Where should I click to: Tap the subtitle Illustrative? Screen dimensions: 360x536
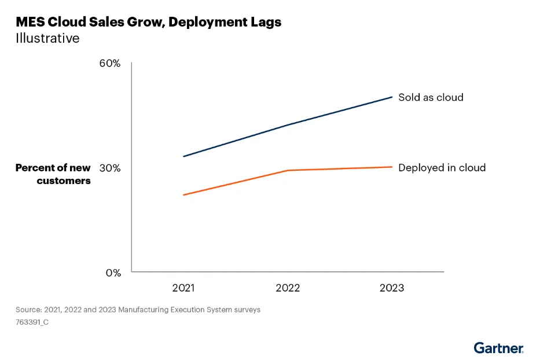tap(47, 39)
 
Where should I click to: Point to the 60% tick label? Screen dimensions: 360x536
tap(109, 63)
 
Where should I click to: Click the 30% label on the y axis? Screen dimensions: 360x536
tap(109, 168)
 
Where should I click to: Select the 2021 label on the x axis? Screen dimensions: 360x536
tap(183, 288)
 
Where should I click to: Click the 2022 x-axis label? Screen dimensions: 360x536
tap(288, 288)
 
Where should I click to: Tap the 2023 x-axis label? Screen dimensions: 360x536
tap(392, 288)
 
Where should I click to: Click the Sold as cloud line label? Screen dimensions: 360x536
tap(431, 97)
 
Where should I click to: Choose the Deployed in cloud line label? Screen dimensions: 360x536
tap(442, 168)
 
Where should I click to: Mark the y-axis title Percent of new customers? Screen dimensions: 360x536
tap(53, 174)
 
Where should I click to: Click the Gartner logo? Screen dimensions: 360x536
tap(498, 348)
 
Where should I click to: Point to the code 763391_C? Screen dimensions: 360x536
tap(32, 322)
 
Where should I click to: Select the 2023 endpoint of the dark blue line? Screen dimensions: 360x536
tap(392, 97)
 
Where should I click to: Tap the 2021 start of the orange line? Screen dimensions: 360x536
tap(183, 195)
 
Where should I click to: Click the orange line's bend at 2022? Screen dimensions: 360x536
tap(288, 170)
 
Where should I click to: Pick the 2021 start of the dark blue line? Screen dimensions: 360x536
tap(183, 156)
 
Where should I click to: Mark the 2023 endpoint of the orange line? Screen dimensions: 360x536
tap(392, 167)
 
